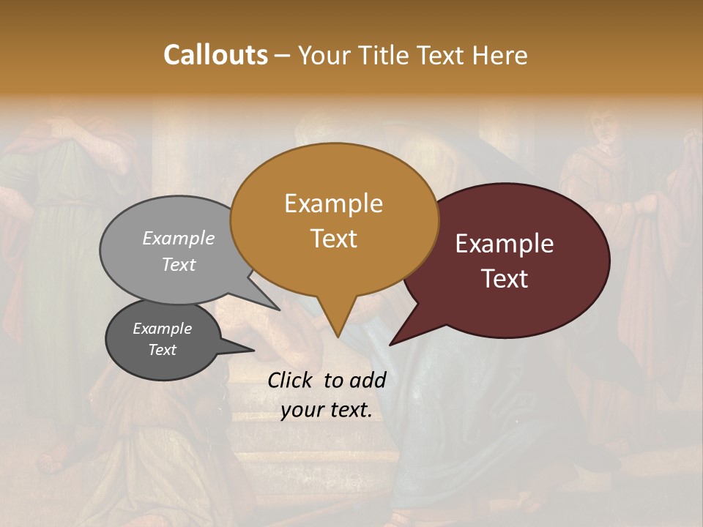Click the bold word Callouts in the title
[x=215, y=55]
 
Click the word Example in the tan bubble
[x=333, y=203]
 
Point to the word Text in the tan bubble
[x=333, y=238]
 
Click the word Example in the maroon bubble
[x=505, y=244]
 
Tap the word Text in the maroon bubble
[x=505, y=278]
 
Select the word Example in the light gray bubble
[x=179, y=238]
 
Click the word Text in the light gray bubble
[x=179, y=264]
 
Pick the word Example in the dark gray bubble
[x=162, y=329]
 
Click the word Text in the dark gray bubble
[x=162, y=350]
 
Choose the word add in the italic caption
[x=368, y=380]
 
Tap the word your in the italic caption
[x=303, y=411]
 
